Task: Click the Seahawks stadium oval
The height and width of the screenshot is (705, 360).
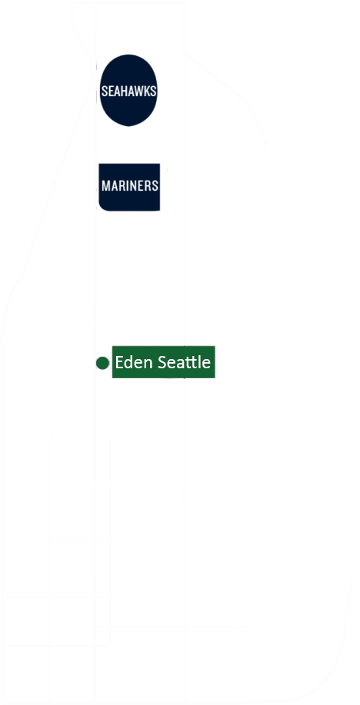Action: click(x=129, y=91)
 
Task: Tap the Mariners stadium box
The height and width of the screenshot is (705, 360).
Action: click(x=129, y=186)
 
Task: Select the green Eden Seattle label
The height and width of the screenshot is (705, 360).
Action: click(x=162, y=362)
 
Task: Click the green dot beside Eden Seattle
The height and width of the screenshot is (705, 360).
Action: click(x=102, y=362)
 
